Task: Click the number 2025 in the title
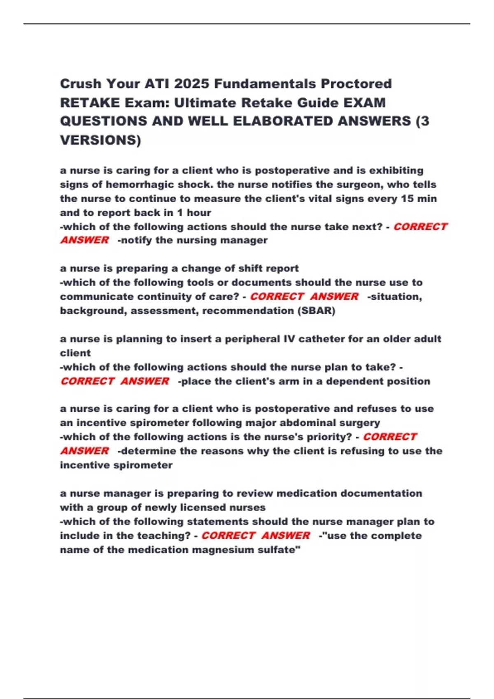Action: click(192, 84)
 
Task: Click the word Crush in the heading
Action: click(81, 84)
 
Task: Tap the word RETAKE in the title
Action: click(90, 102)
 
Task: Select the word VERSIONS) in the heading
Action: click(100, 140)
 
